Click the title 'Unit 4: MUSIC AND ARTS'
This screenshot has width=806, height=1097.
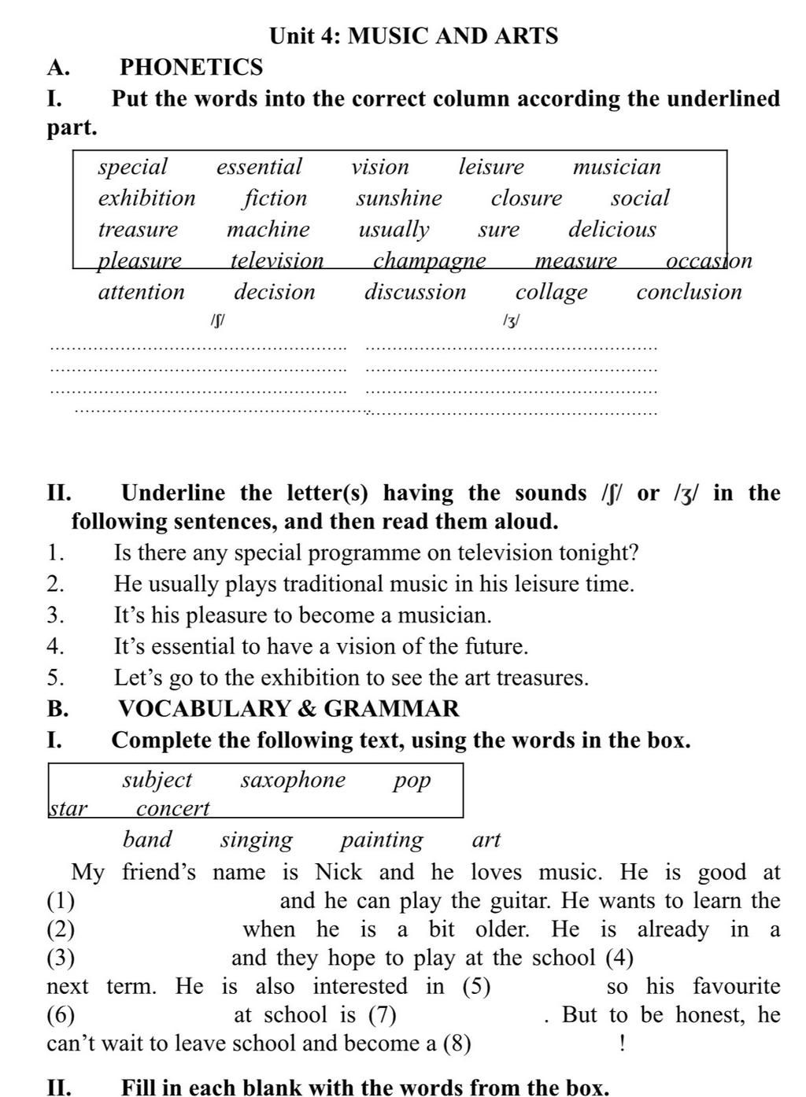click(413, 35)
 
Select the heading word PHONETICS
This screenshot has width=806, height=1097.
click(191, 67)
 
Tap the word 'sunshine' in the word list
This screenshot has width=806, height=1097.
click(399, 198)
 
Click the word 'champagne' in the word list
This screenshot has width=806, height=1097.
click(429, 260)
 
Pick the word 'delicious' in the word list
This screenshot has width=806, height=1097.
click(612, 229)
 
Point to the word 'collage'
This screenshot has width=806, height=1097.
click(551, 292)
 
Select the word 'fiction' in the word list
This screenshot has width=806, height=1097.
click(275, 198)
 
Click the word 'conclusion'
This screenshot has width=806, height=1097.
click(689, 292)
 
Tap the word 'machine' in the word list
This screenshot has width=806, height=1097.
click(268, 229)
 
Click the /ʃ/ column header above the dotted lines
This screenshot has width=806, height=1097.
click(219, 320)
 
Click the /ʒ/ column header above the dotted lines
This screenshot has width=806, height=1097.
click(511, 320)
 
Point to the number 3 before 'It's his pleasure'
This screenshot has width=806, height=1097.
click(54, 615)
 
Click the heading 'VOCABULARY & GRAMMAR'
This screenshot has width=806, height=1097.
click(289, 708)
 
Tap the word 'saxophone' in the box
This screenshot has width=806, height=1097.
click(293, 780)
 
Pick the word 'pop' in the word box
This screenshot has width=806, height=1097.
click(412, 780)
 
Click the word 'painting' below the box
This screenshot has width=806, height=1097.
click(382, 840)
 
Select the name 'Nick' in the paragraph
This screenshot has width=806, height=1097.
click(338, 872)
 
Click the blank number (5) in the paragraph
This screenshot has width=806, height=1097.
click(475, 986)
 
